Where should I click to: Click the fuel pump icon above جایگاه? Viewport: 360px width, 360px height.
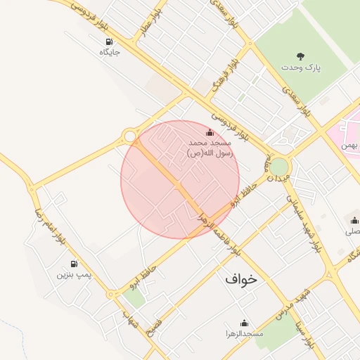[109, 41]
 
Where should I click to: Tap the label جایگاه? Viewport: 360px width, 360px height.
[109, 53]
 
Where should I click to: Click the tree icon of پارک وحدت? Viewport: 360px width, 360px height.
[301, 57]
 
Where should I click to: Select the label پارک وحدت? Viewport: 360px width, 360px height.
[301, 68]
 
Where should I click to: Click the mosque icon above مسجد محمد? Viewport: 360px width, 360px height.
[209, 132]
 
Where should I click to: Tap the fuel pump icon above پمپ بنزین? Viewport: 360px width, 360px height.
[74, 263]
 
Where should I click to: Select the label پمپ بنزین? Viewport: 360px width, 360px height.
[74, 274]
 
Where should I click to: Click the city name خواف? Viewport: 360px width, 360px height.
[242, 278]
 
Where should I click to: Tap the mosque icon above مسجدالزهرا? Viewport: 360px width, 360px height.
[240, 321]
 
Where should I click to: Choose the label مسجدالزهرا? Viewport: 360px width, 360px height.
[240, 333]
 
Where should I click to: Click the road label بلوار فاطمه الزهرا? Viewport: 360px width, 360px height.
[219, 233]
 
